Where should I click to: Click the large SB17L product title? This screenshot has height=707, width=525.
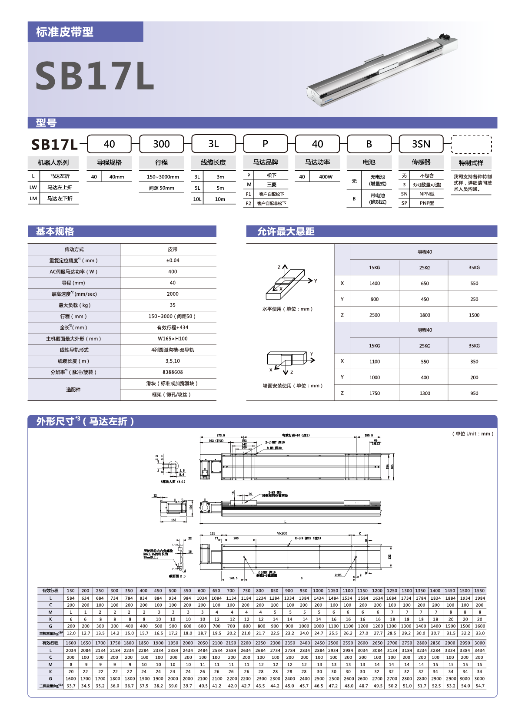point(94,76)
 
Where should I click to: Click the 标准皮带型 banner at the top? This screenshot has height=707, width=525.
point(65,32)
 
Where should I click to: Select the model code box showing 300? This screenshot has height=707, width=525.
point(161,144)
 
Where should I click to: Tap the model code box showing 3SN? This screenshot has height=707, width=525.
point(421,144)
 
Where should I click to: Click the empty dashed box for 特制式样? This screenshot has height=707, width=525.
point(471,144)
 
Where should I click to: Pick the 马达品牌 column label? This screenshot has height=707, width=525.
point(266,162)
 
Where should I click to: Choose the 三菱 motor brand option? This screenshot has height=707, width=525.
point(271,185)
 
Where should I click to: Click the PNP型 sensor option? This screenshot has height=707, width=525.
point(426,203)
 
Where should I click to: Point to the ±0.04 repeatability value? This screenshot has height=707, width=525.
point(173,261)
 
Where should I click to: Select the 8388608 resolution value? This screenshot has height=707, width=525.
point(173,372)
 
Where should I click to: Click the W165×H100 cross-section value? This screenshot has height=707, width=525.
point(173,339)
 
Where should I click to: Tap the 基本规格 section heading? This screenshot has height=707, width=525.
point(55,231)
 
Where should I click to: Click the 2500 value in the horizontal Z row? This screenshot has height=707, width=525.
point(374,315)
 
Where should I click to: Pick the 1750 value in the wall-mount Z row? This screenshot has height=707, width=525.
point(374,393)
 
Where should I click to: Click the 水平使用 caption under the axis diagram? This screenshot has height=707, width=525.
point(287,309)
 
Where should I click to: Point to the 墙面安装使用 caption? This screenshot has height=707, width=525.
point(292,385)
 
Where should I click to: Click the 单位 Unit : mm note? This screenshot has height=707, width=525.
point(473,433)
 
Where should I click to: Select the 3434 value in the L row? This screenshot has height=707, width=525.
point(479,650)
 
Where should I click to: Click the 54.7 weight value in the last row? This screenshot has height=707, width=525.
point(479,686)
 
